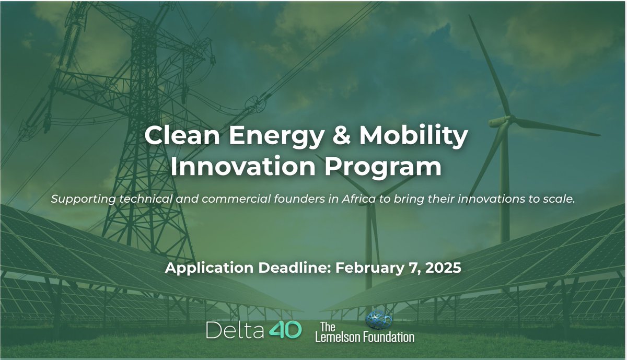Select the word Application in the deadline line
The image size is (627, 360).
(203, 269)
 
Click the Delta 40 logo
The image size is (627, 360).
(253, 329)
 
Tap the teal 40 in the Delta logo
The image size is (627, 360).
(285, 329)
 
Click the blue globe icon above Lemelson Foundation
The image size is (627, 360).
(377, 319)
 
